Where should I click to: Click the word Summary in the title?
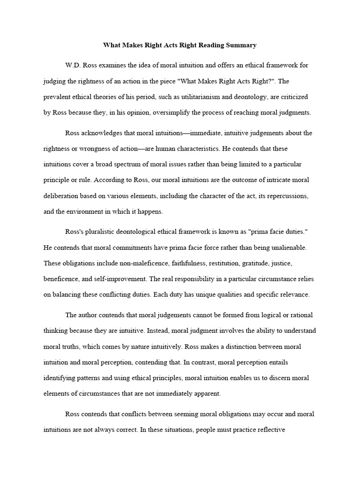[240, 45]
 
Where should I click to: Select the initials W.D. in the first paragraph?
[74, 65]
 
